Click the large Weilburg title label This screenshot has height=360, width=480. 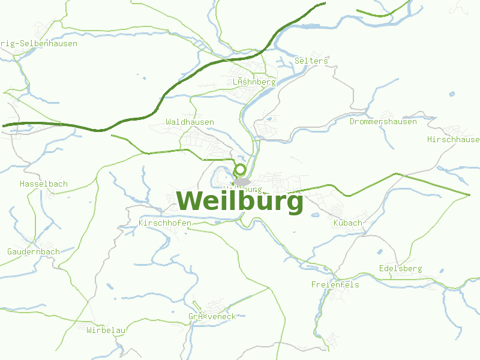[x=240, y=201]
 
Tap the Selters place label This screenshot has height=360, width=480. [x=311, y=61]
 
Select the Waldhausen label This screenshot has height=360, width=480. [x=190, y=122]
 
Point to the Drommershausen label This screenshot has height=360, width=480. [x=383, y=121]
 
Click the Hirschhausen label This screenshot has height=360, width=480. [x=454, y=139]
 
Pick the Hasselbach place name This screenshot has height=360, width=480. [x=44, y=184]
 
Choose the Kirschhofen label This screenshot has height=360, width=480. [x=165, y=223]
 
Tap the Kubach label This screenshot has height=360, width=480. [x=347, y=223]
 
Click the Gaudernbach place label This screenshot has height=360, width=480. [x=34, y=251]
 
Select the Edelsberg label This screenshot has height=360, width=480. [x=401, y=268]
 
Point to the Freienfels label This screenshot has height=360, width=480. [x=335, y=284]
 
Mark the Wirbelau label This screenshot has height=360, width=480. [x=106, y=330]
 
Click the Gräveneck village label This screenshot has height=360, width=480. [x=212, y=316]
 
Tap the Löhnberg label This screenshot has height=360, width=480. [x=254, y=82]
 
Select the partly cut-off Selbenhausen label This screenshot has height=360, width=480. [x=38, y=43]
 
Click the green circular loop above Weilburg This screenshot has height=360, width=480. [x=240, y=170]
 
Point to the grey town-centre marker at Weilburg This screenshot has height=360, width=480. [x=242, y=181]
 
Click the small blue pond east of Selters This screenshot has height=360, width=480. [x=452, y=94]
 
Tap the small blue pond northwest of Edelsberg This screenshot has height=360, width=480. [x=380, y=252]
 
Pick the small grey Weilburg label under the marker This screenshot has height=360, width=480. [x=242, y=189]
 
